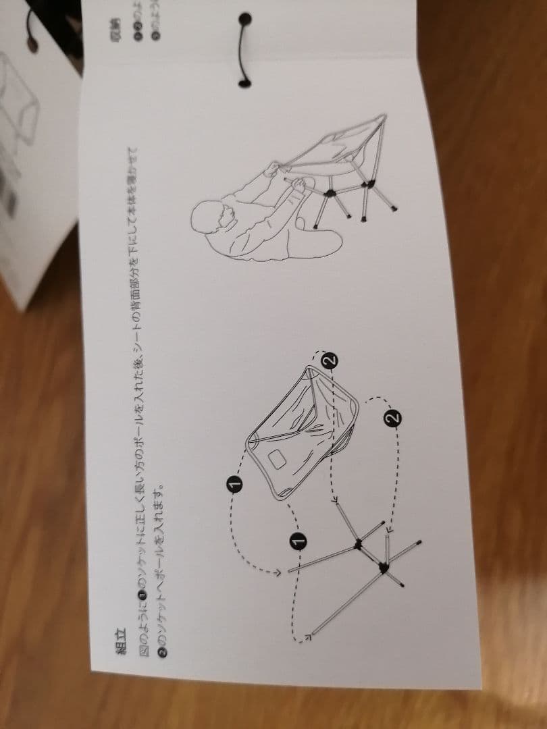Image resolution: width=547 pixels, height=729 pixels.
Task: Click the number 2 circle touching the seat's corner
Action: [329, 360]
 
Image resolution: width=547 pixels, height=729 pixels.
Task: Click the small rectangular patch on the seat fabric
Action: [277, 460]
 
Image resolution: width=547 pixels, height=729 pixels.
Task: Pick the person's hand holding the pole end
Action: [296, 186]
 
